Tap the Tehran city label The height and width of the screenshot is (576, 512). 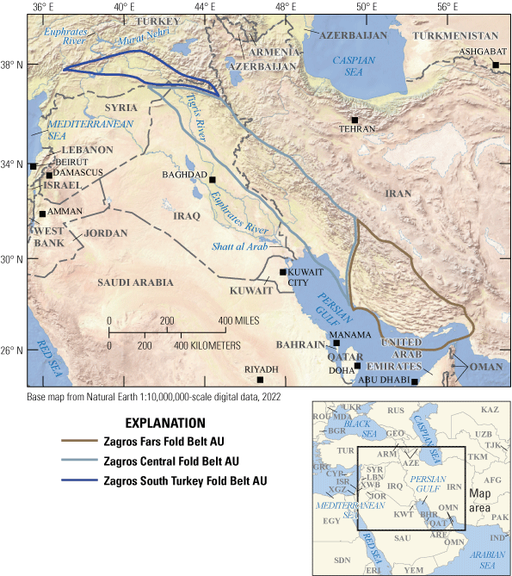(x=358, y=129)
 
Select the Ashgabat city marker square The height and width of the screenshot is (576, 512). (x=496, y=65)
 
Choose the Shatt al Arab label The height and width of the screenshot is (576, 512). (x=241, y=247)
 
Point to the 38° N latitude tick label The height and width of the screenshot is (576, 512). (x=13, y=65)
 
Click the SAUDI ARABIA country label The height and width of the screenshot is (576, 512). (x=135, y=282)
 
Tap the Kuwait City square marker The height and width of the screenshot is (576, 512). (x=282, y=272)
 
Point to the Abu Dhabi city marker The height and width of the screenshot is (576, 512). (x=416, y=381)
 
